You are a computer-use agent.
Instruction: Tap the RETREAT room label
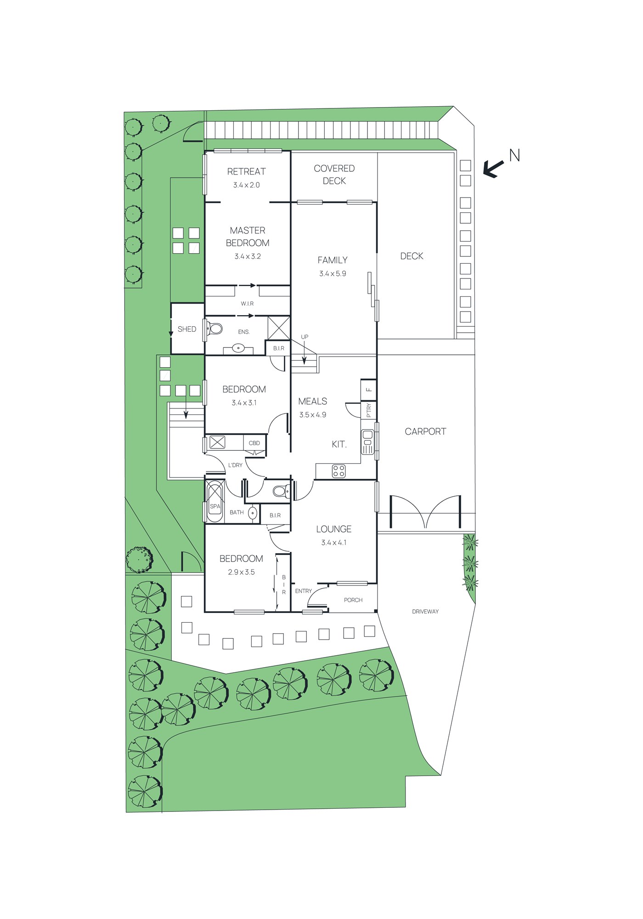click(247, 171)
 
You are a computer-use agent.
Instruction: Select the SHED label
click(187, 329)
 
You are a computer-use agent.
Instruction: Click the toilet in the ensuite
click(214, 329)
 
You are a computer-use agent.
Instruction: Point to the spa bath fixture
click(214, 501)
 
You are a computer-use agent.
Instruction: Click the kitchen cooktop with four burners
click(339, 471)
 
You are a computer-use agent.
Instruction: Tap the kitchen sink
click(367, 442)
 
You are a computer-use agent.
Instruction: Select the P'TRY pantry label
click(369, 410)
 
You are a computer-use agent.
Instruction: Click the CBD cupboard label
click(254, 443)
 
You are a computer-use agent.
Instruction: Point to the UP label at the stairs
click(305, 337)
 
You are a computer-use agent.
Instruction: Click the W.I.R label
click(247, 304)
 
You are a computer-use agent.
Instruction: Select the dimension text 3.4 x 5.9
click(333, 273)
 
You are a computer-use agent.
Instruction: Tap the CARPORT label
click(425, 431)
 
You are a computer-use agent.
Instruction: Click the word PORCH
click(353, 600)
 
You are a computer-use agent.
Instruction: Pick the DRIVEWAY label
click(425, 612)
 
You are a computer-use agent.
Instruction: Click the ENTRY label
click(304, 591)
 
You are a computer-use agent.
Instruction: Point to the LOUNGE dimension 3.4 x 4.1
click(334, 543)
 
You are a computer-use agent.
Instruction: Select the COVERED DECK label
click(334, 175)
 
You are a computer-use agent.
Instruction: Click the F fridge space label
click(369, 390)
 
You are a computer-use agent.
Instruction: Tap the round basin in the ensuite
click(238, 348)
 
